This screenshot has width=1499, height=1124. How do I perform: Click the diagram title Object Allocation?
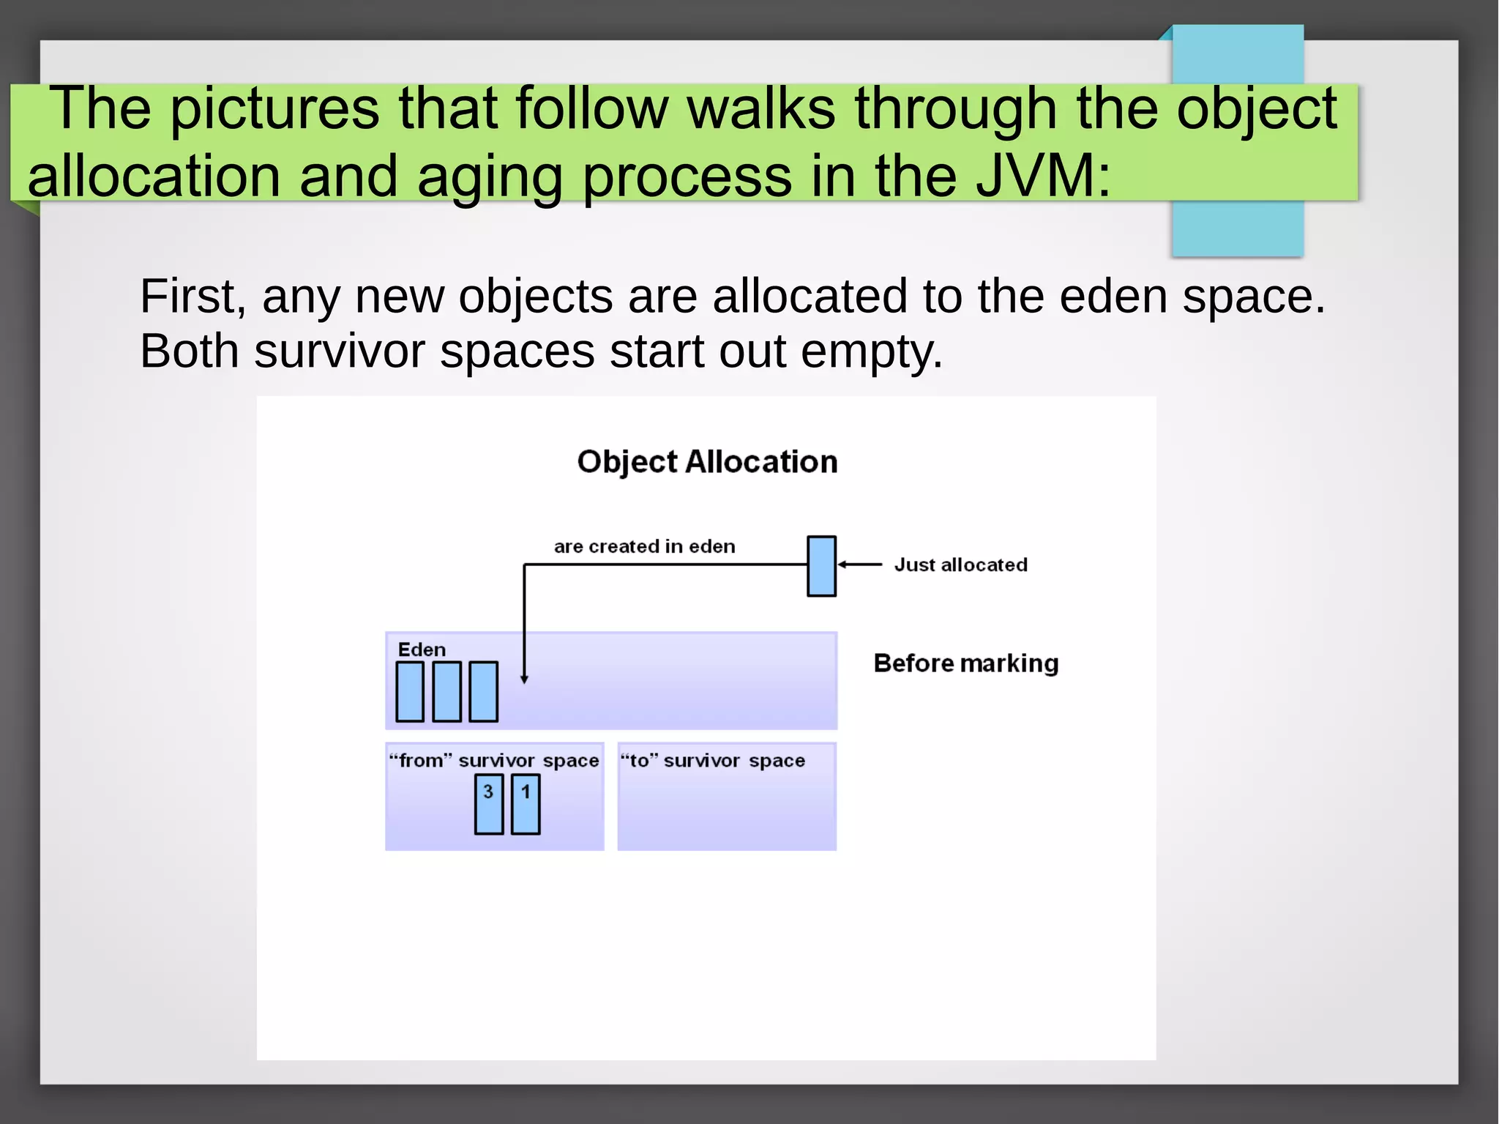pos(707,462)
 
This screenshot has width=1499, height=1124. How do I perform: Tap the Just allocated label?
pos(960,565)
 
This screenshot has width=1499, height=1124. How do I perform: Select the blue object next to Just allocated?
pos(821,566)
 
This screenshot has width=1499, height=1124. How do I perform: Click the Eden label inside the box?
pos(422,650)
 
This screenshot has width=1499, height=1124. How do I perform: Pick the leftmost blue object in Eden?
pos(410,692)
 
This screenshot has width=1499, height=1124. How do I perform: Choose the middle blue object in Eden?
pos(446,692)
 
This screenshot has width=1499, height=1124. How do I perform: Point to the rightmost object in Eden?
pos(483,692)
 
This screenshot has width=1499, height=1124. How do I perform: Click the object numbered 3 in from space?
pos(489,805)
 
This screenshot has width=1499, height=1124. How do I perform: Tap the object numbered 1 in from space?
pos(526,805)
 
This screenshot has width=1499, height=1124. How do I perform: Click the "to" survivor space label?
pos(712,761)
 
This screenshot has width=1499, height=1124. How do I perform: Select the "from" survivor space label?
pos(494,761)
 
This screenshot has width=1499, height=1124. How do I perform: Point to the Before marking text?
pos(965,663)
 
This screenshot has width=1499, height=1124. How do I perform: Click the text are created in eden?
pos(644,546)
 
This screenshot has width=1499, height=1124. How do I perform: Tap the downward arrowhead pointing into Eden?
pos(524,679)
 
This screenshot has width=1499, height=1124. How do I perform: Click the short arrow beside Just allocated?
pos(860,565)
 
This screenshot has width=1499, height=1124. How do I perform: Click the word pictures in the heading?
pos(275,109)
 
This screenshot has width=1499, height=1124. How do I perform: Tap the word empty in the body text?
pos(870,352)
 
